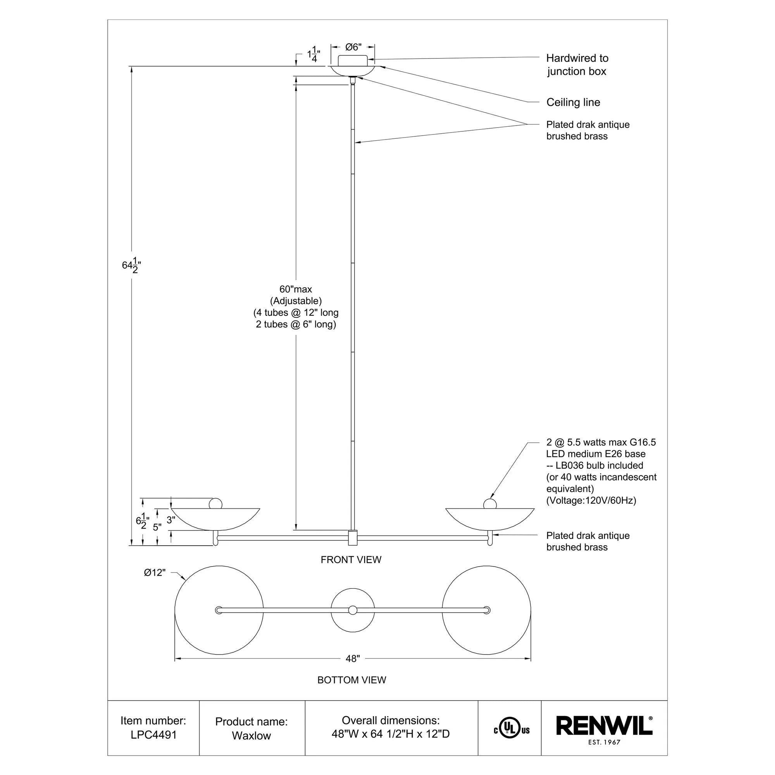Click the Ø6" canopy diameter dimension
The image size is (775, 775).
(353, 47)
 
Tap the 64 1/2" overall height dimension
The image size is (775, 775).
(132, 265)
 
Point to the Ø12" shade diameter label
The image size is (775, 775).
(155, 572)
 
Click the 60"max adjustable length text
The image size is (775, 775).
(296, 289)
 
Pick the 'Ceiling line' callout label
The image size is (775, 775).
(573, 102)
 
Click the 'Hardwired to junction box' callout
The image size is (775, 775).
(577, 65)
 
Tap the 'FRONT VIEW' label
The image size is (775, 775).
(351, 560)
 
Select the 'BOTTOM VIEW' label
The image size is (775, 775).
(351, 680)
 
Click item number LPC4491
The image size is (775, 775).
(153, 734)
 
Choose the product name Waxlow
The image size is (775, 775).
(251, 736)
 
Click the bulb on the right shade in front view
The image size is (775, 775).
(490, 504)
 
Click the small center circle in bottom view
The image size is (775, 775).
(353, 610)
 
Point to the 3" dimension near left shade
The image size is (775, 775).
(170, 520)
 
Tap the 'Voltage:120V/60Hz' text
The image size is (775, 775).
(591, 500)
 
